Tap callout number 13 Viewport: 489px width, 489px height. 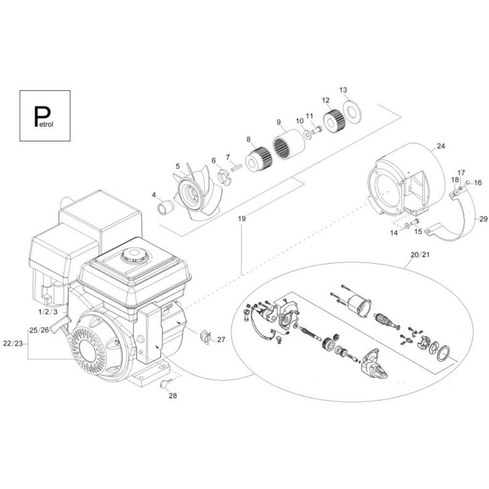(343, 90)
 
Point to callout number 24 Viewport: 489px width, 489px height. (441, 146)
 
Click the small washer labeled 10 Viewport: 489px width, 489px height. (308, 135)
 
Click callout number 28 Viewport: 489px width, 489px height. (173, 396)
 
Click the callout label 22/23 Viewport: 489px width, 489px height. (13, 343)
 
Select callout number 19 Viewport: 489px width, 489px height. (242, 218)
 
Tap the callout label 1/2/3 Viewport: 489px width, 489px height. (48, 312)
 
